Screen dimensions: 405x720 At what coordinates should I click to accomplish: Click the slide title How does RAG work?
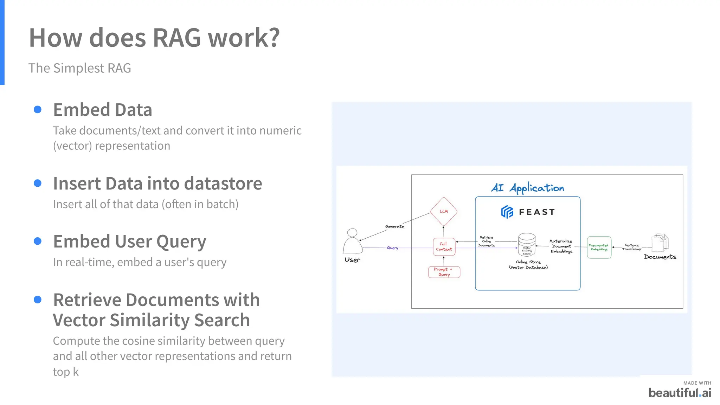click(x=154, y=38)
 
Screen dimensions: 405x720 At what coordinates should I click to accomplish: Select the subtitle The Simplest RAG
click(x=79, y=68)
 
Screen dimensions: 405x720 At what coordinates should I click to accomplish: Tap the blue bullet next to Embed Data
click(x=38, y=110)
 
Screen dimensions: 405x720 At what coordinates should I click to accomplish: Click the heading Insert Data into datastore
click(x=157, y=184)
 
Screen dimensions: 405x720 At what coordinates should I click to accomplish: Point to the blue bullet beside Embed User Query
click(x=38, y=241)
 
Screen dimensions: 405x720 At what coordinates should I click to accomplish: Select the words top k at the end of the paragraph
click(x=66, y=372)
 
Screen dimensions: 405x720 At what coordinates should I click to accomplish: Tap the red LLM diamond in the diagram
click(x=444, y=211)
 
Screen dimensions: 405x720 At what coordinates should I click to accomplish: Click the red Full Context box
click(x=444, y=246)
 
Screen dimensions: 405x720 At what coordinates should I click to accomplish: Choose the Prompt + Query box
click(x=444, y=272)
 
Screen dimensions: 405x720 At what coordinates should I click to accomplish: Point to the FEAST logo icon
click(x=507, y=212)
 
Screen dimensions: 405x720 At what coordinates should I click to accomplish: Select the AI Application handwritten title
click(x=527, y=188)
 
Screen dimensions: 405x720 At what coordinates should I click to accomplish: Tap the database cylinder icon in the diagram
click(x=527, y=244)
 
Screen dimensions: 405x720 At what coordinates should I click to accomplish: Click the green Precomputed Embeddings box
click(x=599, y=247)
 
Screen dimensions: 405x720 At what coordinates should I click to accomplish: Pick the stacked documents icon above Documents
click(x=660, y=243)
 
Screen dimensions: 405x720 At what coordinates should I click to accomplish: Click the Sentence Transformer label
click(x=632, y=247)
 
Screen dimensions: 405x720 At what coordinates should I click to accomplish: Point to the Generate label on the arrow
click(x=394, y=226)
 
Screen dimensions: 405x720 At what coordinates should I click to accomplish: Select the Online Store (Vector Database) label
click(x=528, y=264)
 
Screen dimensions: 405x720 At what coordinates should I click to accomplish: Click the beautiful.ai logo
click(x=680, y=392)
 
